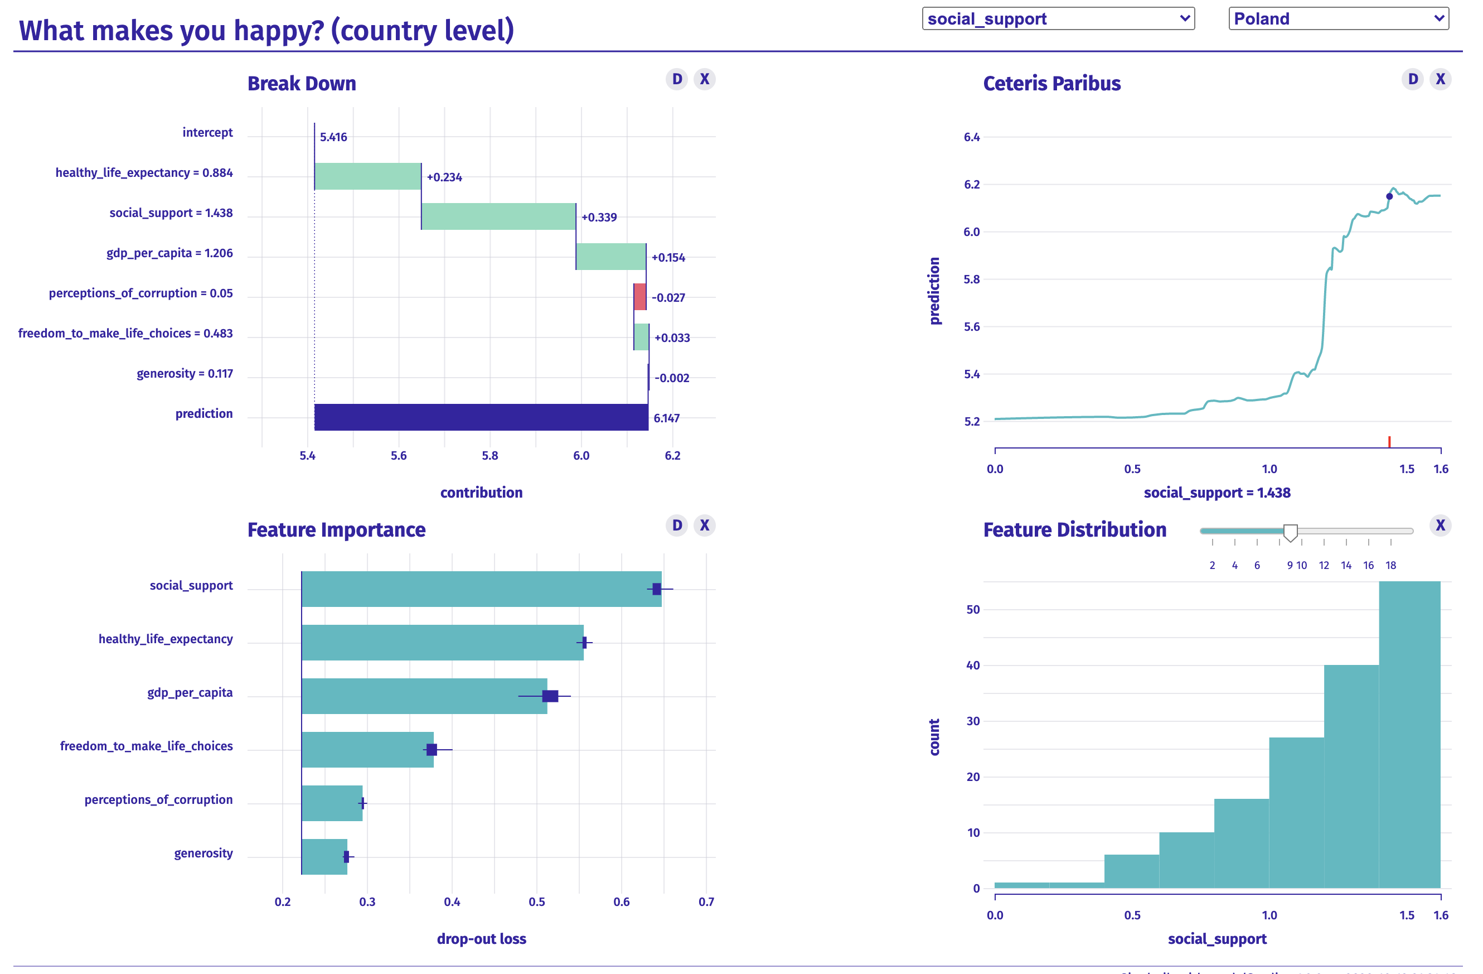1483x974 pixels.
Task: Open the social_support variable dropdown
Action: (1058, 19)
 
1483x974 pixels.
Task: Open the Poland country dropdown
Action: (1338, 19)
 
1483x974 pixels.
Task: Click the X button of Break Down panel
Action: (704, 79)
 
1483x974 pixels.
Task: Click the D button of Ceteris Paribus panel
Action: (1413, 79)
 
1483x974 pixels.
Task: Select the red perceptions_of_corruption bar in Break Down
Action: (640, 297)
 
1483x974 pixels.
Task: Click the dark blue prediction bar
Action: (481, 417)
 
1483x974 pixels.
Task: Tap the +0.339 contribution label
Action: (599, 218)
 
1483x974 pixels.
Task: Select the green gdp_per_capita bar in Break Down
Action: (610, 256)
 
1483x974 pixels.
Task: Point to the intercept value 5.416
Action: (333, 137)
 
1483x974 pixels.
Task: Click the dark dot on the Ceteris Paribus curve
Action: (1389, 196)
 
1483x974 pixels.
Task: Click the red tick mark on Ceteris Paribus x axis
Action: (1389, 441)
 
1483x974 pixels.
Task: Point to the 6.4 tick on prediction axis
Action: (971, 137)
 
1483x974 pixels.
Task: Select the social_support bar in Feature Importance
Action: (481, 589)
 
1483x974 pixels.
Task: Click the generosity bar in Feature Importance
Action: (324, 857)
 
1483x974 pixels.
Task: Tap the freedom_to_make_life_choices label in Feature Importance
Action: (147, 746)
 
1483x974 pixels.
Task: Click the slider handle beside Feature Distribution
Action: (1291, 532)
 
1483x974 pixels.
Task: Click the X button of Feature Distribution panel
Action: (1440, 525)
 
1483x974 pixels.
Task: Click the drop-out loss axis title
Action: (481, 938)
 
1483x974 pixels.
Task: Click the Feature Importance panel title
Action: (337, 530)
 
